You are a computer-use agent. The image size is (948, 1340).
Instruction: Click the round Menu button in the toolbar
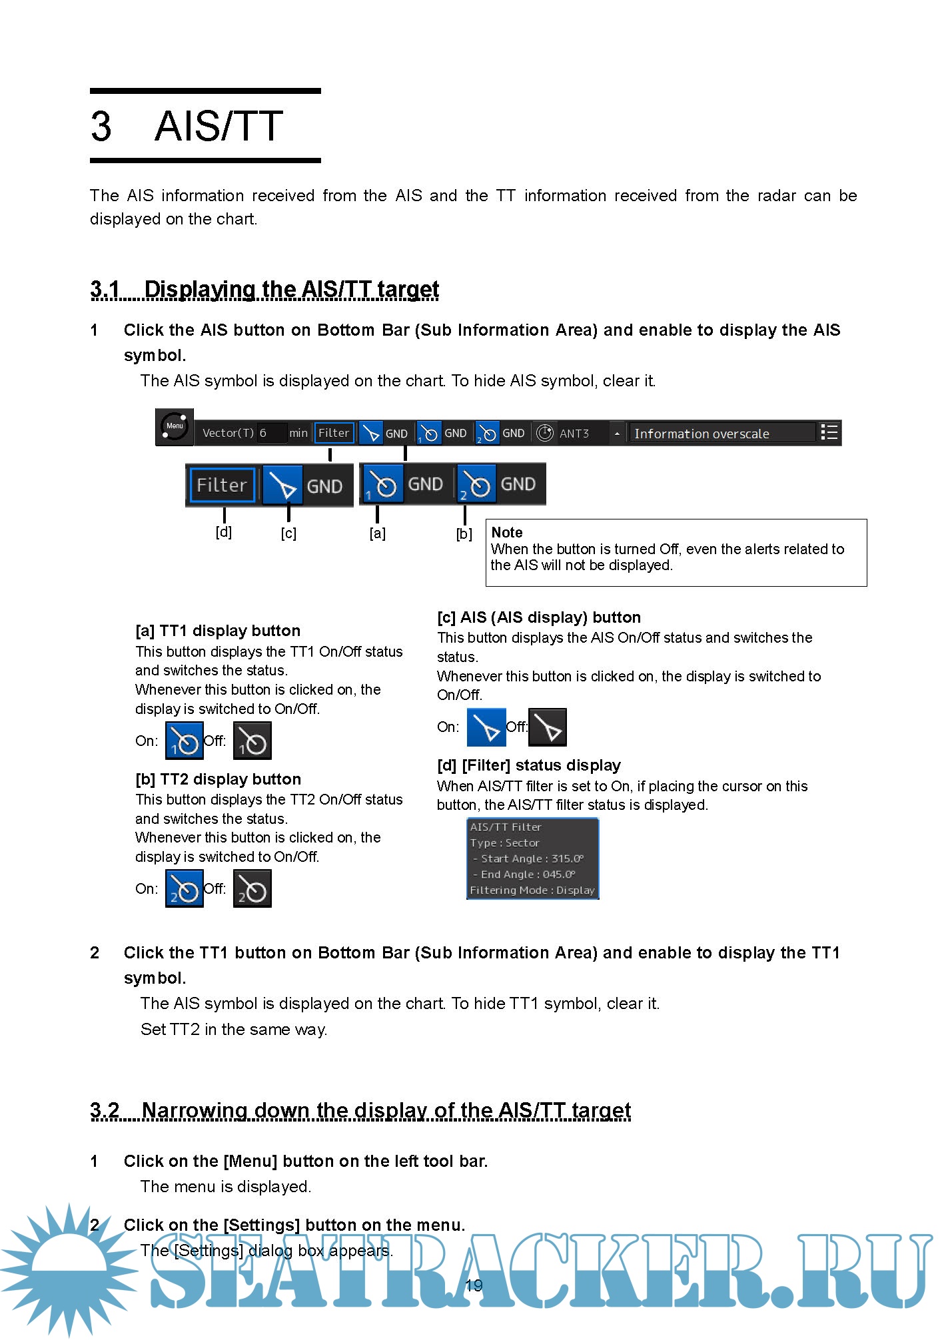(175, 427)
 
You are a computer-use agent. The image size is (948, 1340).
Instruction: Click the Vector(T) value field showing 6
(272, 433)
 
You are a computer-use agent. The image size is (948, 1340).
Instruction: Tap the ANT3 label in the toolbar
(574, 434)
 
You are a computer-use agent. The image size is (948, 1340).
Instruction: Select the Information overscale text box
(721, 434)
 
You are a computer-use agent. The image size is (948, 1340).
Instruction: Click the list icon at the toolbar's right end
(829, 432)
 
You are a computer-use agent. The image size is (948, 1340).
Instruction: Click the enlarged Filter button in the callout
(222, 485)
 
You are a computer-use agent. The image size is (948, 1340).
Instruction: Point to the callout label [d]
(224, 532)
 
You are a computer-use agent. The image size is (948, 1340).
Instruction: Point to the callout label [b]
(464, 533)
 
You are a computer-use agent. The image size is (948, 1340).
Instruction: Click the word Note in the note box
(506, 532)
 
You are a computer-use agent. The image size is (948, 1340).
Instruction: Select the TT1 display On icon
(184, 741)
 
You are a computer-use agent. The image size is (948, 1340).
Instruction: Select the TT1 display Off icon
(252, 741)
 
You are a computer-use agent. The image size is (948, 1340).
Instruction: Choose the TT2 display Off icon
(252, 889)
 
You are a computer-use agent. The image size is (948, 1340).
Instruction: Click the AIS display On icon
(486, 727)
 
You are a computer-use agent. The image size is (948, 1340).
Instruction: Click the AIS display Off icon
(548, 727)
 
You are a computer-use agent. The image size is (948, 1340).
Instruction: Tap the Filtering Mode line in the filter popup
(532, 890)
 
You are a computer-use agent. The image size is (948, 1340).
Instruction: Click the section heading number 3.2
(105, 1110)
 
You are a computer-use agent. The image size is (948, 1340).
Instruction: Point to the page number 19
(473, 1286)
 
